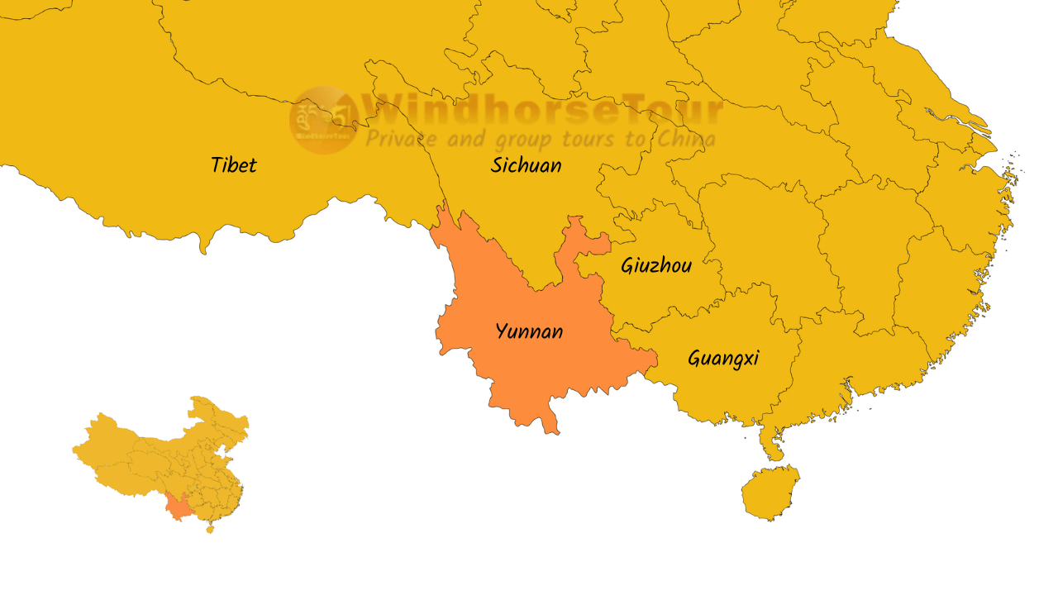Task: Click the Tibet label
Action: pyautogui.click(x=234, y=165)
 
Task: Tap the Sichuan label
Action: pyautogui.click(x=527, y=165)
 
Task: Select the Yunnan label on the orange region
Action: pyautogui.click(x=530, y=332)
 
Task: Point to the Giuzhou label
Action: pyautogui.click(x=656, y=266)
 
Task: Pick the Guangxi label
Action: pyautogui.click(x=723, y=359)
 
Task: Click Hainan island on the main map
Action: pyautogui.click(x=770, y=493)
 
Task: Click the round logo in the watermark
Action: pyautogui.click(x=323, y=120)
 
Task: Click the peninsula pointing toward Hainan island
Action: pyautogui.click(x=773, y=446)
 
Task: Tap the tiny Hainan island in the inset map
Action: pyautogui.click(x=209, y=529)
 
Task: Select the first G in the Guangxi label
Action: pyautogui.click(x=695, y=359)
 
